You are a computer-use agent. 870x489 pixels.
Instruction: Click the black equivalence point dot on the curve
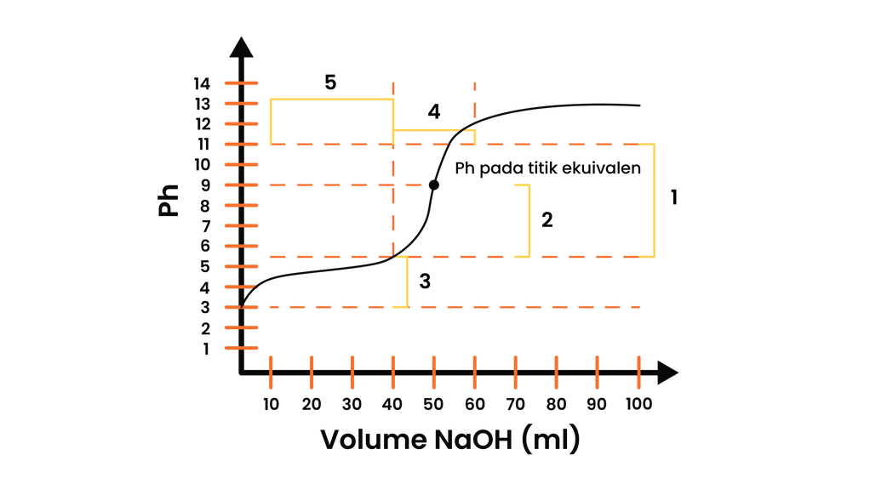(434, 185)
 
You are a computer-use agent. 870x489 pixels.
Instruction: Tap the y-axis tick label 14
(202, 83)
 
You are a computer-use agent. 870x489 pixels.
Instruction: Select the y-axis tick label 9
(206, 185)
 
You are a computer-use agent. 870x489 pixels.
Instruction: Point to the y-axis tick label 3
(205, 307)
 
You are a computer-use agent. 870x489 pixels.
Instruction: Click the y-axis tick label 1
(206, 349)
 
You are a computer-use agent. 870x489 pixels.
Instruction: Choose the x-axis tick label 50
(433, 404)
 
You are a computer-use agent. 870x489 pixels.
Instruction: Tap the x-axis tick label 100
(638, 404)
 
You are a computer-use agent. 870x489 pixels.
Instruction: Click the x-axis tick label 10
(271, 404)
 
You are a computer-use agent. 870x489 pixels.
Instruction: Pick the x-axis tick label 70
(516, 404)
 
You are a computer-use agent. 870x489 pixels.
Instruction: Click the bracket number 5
(330, 82)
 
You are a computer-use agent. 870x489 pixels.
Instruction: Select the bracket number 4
(434, 112)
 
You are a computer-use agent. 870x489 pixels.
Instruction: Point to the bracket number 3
(425, 281)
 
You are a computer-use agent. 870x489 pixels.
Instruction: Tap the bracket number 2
(547, 220)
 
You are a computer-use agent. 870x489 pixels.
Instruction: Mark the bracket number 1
(674, 197)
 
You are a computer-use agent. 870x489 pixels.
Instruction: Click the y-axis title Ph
(169, 200)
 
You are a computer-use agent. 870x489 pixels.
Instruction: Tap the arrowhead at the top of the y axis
(242, 47)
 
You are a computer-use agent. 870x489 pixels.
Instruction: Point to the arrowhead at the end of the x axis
(668, 372)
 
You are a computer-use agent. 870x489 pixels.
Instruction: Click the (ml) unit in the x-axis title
(551, 440)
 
